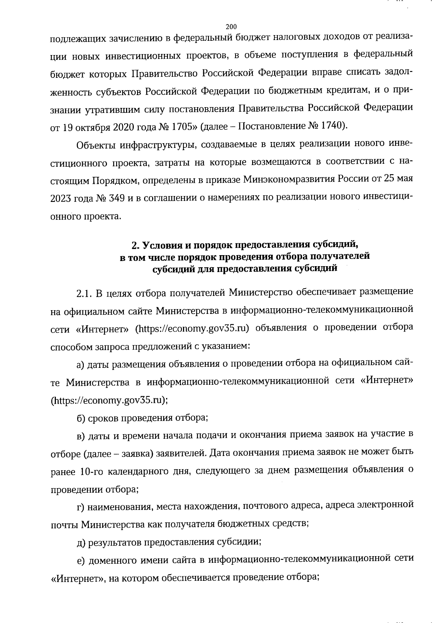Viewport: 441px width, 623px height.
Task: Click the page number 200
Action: click(231, 26)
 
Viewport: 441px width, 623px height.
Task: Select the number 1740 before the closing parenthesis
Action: click(332, 127)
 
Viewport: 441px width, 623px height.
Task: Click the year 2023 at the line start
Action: click(61, 198)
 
